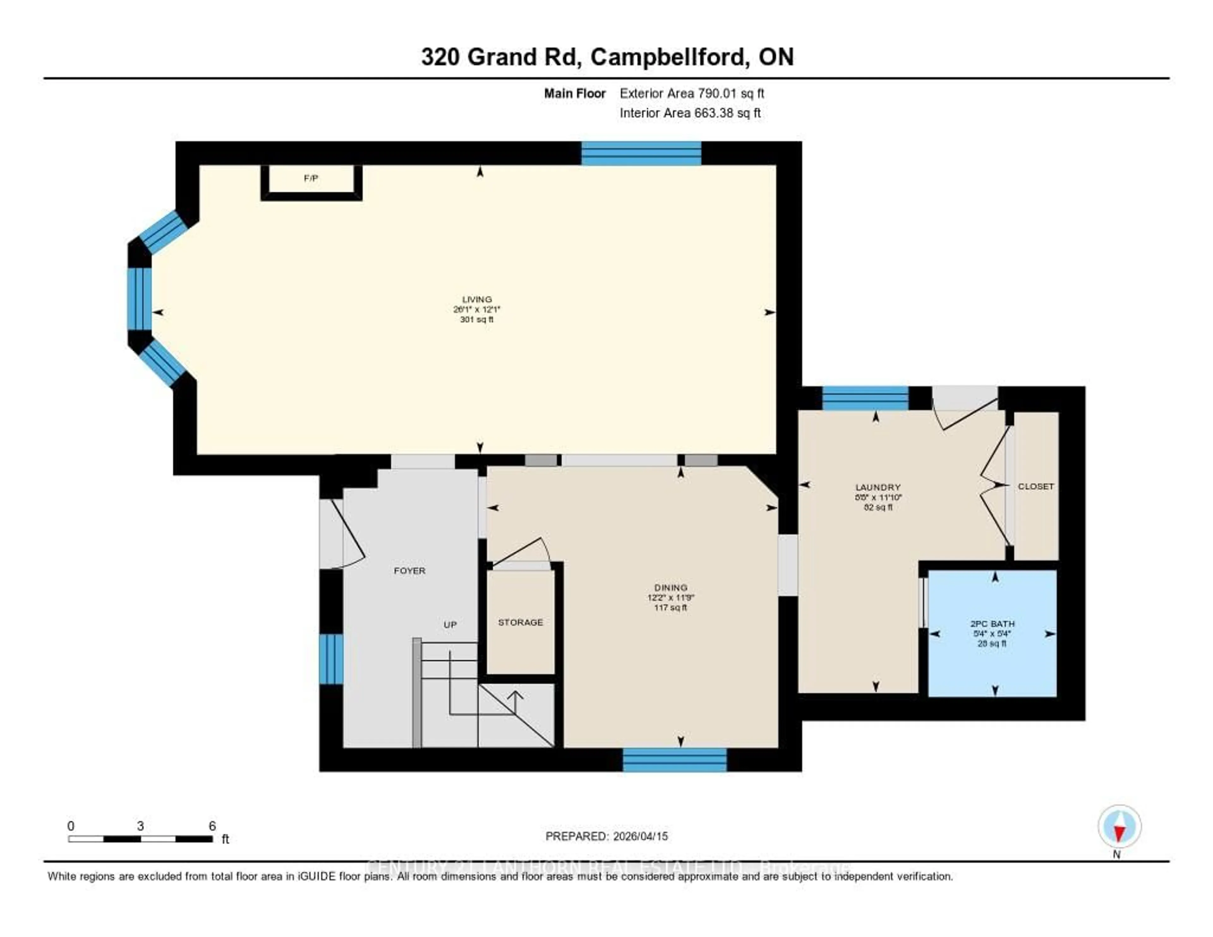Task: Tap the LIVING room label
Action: click(x=477, y=299)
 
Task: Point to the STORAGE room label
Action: click(x=520, y=622)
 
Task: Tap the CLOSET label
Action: click(x=1035, y=486)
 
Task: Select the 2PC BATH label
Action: click(x=992, y=624)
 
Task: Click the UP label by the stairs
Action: click(x=450, y=624)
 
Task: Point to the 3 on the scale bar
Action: click(x=141, y=826)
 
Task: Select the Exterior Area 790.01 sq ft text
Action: click(x=691, y=93)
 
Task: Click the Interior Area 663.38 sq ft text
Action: click(x=690, y=113)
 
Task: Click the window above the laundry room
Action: click(x=865, y=398)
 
